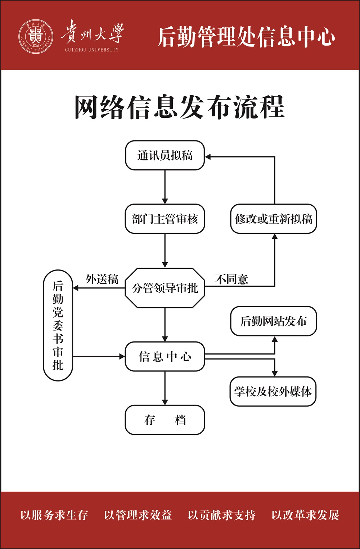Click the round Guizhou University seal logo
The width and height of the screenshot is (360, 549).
click(36, 37)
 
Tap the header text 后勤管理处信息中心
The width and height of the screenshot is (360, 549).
click(247, 37)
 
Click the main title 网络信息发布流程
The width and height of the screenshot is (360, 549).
click(179, 107)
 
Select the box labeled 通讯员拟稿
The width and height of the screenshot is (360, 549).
click(165, 155)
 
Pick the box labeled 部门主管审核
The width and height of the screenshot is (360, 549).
click(165, 219)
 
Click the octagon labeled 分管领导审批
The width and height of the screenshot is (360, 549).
click(165, 288)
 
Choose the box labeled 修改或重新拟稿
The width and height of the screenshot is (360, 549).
click(274, 219)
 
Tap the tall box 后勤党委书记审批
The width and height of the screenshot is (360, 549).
click(58, 325)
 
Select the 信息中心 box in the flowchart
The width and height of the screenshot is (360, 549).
click(165, 356)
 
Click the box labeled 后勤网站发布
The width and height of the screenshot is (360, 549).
click(274, 321)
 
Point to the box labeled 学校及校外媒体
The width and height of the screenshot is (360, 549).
click(273, 391)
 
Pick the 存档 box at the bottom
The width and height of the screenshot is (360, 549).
click(165, 420)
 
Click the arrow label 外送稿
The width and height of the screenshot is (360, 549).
click(102, 279)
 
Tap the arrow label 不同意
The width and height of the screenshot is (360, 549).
click(231, 279)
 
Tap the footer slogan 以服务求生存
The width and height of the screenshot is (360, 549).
click(54, 515)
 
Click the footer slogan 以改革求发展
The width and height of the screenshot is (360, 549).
click(305, 515)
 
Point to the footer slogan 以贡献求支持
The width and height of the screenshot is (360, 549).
click(221, 515)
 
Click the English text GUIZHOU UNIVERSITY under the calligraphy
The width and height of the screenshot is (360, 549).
click(92, 50)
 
